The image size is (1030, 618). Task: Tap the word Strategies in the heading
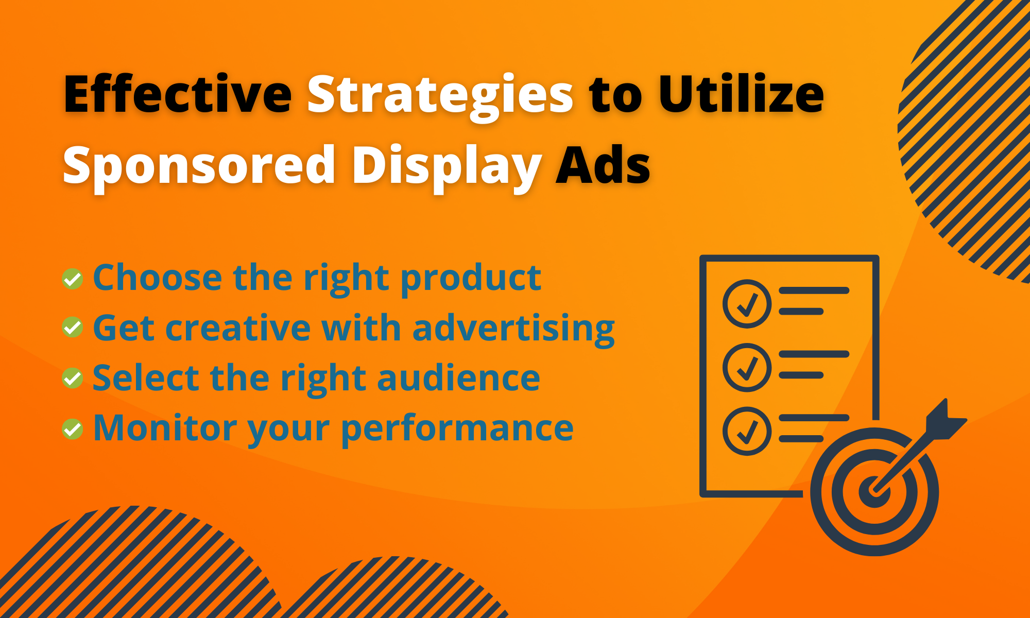click(x=440, y=95)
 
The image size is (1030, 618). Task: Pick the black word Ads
click(x=603, y=165)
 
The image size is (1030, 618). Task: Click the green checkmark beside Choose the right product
click(x=73, y=279)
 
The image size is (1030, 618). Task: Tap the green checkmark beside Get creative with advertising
click(x=73, y=328)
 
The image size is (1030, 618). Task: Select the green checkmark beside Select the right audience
click(x=73, y=378)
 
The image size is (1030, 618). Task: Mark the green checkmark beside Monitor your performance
click(x=73, y=428)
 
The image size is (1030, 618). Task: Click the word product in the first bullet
click(x=471, y=279)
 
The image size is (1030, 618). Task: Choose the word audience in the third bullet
click(x=458, y=379)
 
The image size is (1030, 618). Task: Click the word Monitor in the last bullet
click(x=165, y=428)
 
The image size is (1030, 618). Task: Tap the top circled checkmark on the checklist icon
click(x=747, y=304)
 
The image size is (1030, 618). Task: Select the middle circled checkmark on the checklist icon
click(x=747, y=367)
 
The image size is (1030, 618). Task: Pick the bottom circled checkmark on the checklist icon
click(x=747, y=431)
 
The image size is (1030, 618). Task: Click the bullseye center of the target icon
click(x=874, y=491)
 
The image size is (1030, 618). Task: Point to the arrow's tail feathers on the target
click(x=945, y=420)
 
